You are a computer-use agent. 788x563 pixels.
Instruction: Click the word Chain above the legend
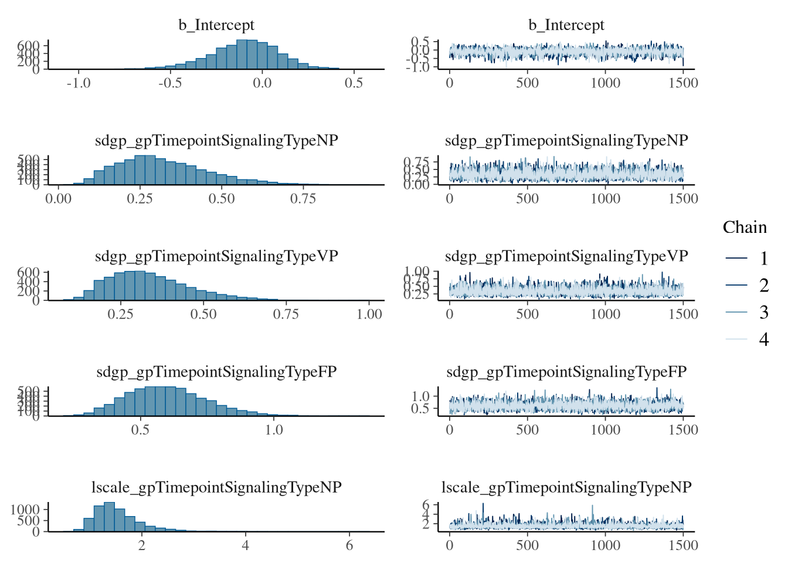pos(745,228)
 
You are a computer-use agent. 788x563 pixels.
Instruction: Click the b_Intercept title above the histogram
pos(216,25)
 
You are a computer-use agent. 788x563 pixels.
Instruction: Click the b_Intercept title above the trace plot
pos(566,25)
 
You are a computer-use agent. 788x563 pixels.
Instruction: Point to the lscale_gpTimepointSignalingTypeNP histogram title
pos(216,487)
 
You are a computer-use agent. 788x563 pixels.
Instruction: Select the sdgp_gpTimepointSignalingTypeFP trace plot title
pos(566,372)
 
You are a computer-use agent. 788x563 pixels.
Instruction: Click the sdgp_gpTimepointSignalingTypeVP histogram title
pos(216,256)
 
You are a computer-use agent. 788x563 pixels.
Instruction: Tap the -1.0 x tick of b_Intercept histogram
pos(79,83)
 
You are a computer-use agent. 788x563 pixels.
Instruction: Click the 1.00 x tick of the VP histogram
pos(369,314)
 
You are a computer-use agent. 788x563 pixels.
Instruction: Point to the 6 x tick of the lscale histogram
pos(349,545)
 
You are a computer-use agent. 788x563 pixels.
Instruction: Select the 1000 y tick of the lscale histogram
pos(25,509)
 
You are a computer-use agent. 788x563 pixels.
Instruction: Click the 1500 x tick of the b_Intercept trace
pos(683,83)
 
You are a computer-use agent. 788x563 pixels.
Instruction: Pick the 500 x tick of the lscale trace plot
pos(527,545)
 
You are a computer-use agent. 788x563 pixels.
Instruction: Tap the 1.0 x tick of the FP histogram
pos(274,430)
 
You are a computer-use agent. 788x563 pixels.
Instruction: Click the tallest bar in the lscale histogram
pos(109,517)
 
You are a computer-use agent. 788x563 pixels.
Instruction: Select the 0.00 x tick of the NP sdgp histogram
pos(59,199)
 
